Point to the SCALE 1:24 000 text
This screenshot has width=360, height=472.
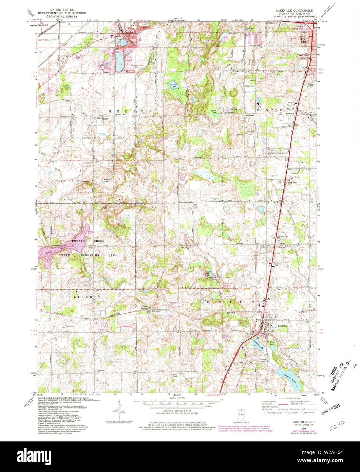point(173,398)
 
